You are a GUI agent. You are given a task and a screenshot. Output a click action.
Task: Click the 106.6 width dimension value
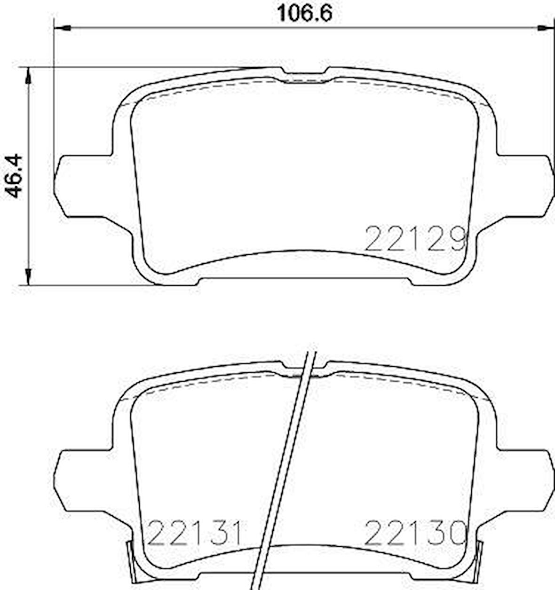(304, 13)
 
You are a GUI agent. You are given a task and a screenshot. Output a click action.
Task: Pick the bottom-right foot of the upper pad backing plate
(435, 281)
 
